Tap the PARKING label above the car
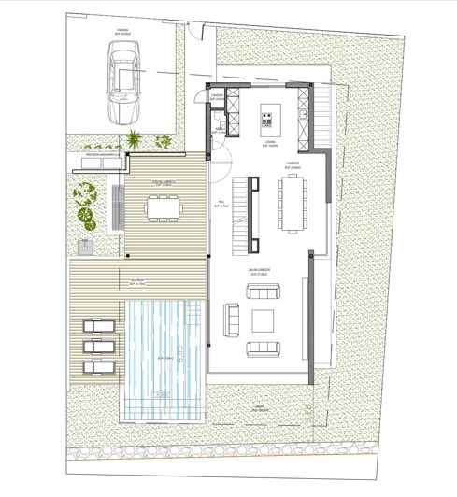pyautogui.click(x=121, y=30)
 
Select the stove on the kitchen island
pyautogui.click(x=266, y=119)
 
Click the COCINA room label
pyautogui.click(x=267, y=142)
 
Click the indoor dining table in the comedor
pyautogui.click(x=292, y=203)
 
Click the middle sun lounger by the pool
pyautogui.click(x=96, y=345)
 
